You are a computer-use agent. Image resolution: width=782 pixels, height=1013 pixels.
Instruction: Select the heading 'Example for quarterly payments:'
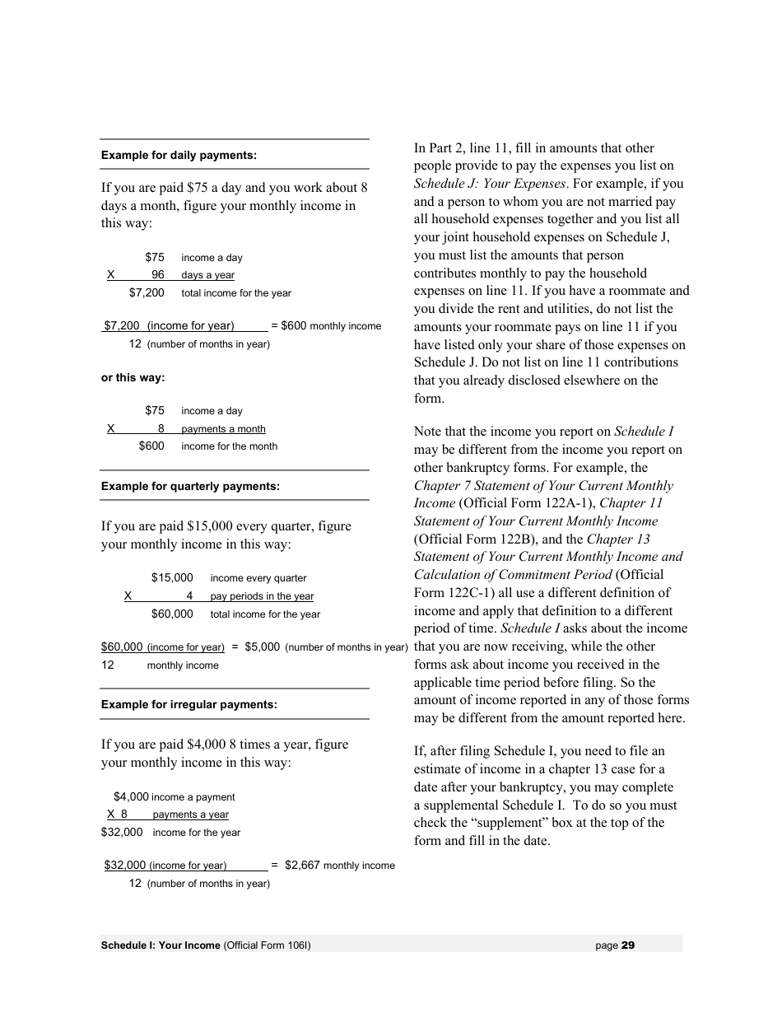[x=190, y=486]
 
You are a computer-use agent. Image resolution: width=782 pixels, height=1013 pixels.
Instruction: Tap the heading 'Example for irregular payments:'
[x=189, y=704]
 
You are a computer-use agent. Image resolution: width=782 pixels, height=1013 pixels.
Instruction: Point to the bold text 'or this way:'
[x=133, y=378]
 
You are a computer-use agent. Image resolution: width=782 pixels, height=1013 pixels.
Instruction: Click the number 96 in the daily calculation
[x=157, y=275]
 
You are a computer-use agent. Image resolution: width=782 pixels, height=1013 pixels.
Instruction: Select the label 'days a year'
[x=207, y=276]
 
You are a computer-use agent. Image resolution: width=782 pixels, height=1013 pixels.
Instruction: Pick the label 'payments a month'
[x=223, y=429]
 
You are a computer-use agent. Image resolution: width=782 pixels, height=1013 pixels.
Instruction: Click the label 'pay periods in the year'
[x=262, y=596]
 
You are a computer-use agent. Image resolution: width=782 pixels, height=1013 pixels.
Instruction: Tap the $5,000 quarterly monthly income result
[x=262, y=647]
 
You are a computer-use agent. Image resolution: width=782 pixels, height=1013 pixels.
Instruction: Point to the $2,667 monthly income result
[x=302, y=866]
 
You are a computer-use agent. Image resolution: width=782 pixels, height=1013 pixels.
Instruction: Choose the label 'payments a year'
[x=190, y=815]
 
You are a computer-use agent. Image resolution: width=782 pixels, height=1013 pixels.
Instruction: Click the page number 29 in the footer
[x=628, y=945]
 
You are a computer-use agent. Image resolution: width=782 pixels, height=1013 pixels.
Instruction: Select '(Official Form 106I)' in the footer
[x=267, y=945]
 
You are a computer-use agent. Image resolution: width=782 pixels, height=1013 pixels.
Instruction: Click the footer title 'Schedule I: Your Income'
[x=161, y=945]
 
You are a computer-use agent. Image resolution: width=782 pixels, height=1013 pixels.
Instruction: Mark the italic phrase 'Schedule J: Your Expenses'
[x=490, y=184]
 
